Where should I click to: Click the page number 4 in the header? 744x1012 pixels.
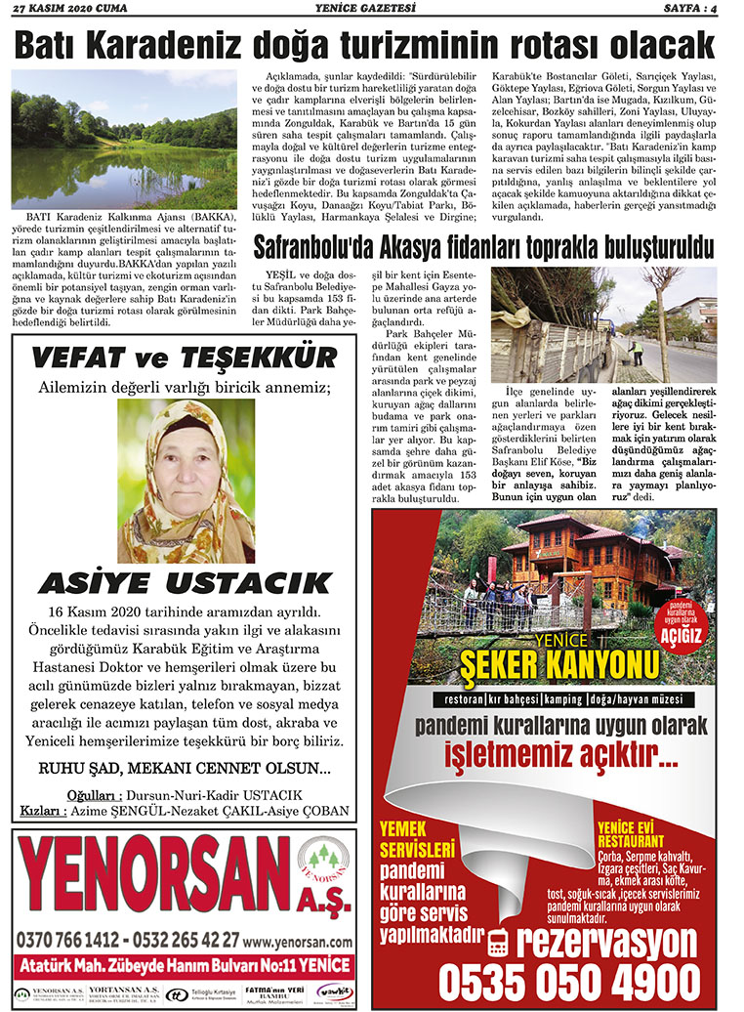coord(716,10)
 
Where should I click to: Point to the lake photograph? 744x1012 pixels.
coord(124,140)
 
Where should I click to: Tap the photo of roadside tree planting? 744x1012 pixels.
coord(603,324)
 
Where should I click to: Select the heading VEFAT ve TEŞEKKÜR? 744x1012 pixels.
coord(184,358)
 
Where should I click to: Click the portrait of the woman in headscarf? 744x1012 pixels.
coord(186,481)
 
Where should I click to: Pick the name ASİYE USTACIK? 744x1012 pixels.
coord(185,583)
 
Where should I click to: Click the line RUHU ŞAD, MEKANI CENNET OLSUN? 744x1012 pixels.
coord(184,768)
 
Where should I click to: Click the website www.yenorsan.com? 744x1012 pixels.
coord(298,942)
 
